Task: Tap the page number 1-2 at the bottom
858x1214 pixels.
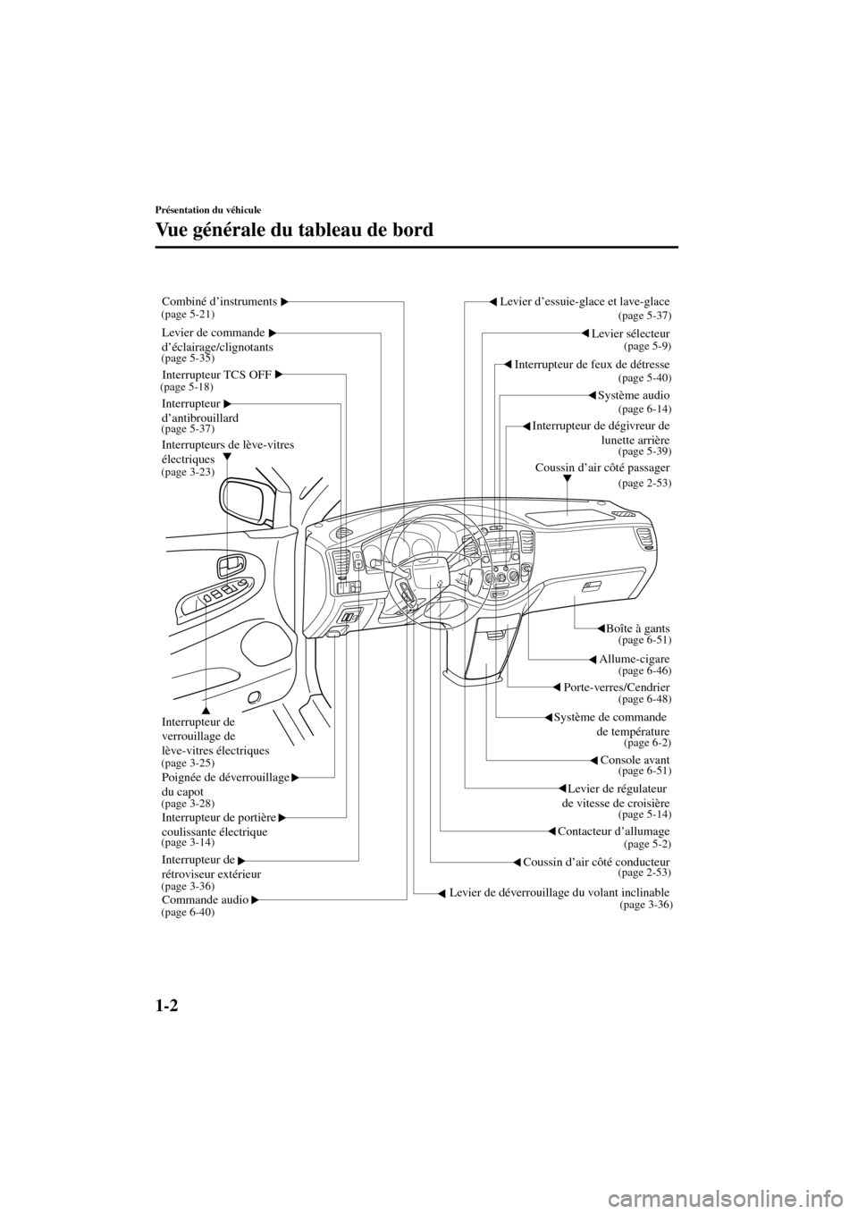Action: point(170,1005)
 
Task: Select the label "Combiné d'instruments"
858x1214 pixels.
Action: point(219,301)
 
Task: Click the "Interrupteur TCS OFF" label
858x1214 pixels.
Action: point(217,374)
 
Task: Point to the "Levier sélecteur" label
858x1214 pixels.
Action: point(630,333)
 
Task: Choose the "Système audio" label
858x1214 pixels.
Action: point(633,395)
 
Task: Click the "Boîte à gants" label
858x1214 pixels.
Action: point(637,629)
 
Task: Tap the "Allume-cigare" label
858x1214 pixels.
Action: point(634,659)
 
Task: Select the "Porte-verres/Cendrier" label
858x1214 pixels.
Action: point(617,687)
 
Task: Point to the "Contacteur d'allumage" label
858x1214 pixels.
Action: point(613,831)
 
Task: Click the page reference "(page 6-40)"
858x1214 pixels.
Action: point(188,913)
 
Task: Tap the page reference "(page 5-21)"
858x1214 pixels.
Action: point(188,315)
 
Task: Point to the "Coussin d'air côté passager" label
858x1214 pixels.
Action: point(601,467)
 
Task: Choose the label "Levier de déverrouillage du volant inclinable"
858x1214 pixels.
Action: point(559,892)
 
